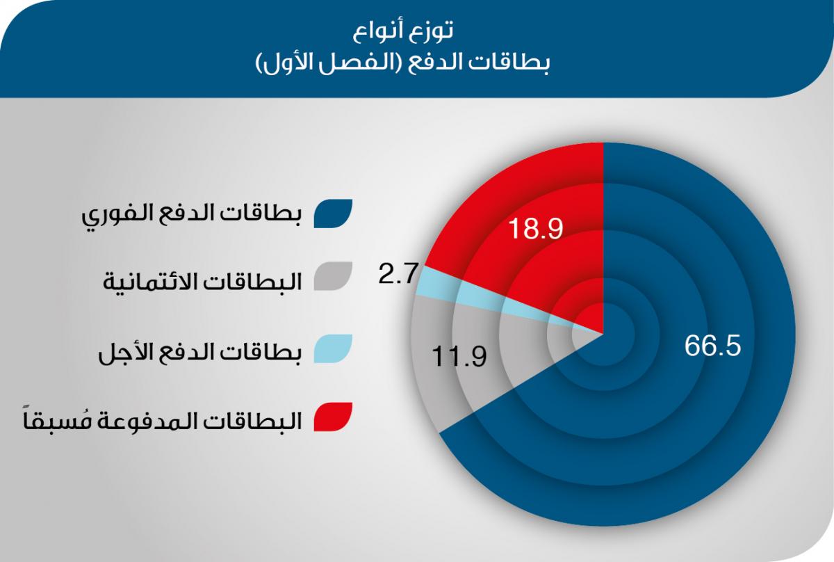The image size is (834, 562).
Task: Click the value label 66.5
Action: coord(712,346)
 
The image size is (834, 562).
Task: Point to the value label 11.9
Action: coord(459,357)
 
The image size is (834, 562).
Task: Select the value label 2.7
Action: coord(398,274)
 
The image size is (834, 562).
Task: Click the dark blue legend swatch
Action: coord(333,214)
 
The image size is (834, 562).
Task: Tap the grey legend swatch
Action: coord(333,276)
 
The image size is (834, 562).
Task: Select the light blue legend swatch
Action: coord(333,348)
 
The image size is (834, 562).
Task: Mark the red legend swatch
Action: coord(333,417)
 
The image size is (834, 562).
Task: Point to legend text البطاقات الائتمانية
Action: coord(202,280)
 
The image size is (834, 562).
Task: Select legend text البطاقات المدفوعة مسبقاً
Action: coord(163,419)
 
